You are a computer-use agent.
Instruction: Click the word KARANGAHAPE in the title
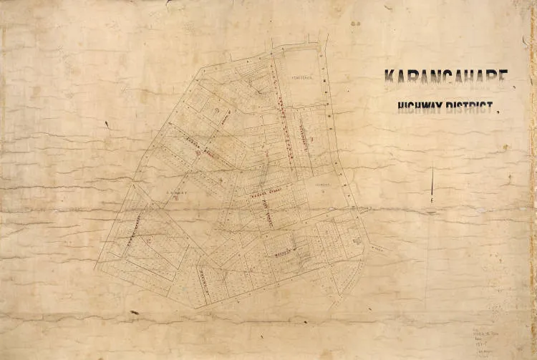(447, 78)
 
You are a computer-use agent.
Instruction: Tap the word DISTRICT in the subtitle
(470, 109)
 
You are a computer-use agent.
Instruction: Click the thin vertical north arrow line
(432, 183)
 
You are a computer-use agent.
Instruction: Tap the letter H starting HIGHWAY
(402, 109)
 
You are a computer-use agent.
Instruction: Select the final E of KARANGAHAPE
(503, 78)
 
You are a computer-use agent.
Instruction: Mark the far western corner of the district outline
(95, 268)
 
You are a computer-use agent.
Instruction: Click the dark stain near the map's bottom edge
(133, 313)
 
